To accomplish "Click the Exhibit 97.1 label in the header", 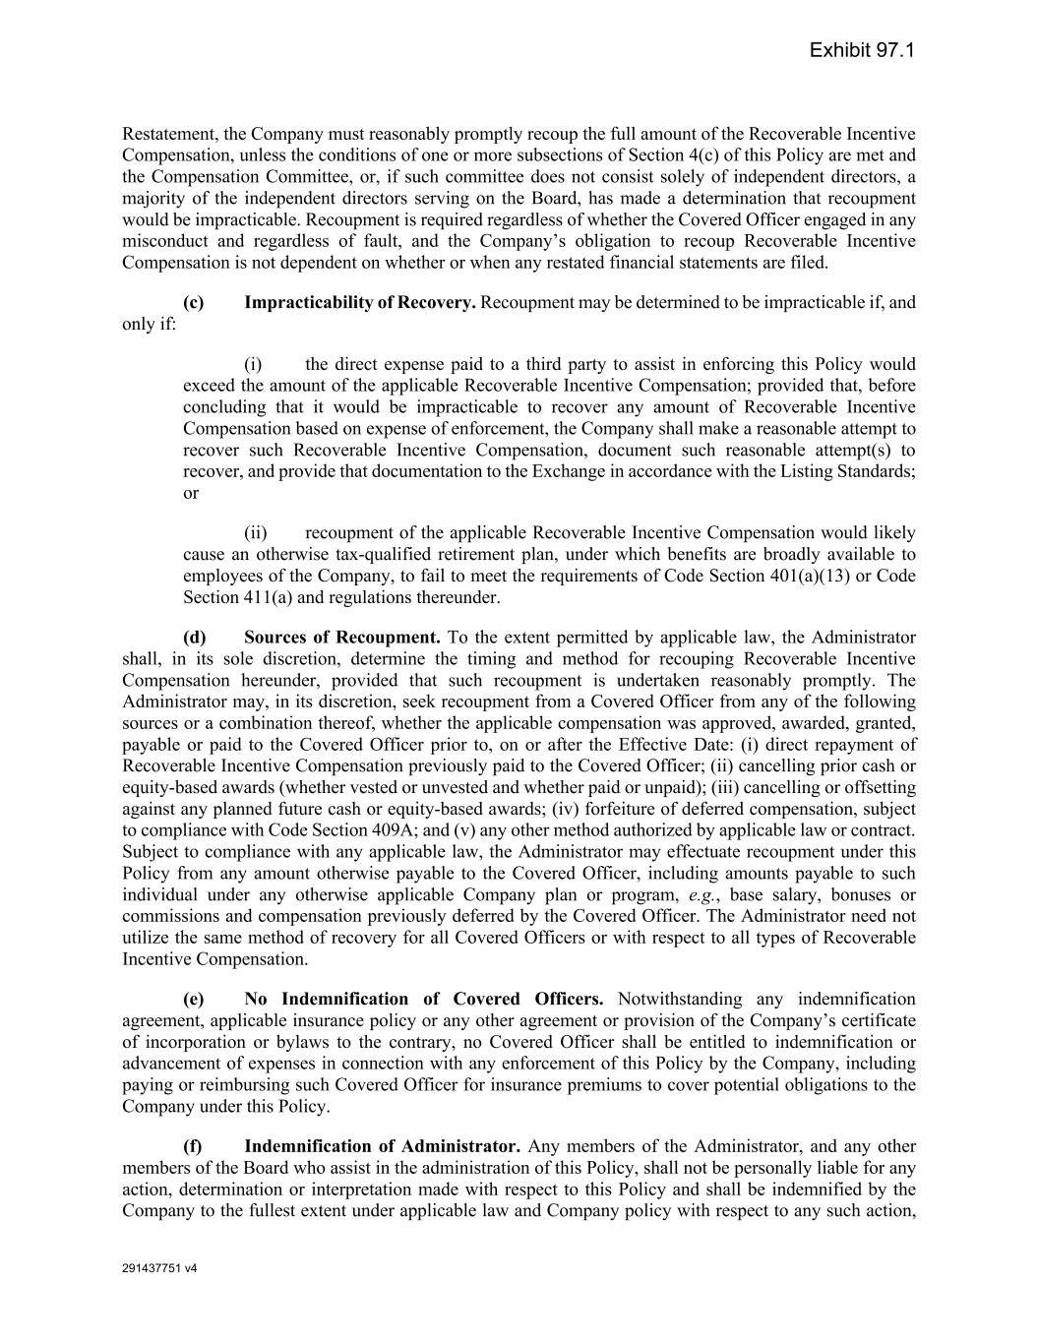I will pos(862,50).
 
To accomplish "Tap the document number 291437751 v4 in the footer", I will pos(159,1268).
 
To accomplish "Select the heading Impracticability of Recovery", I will pos(359,302).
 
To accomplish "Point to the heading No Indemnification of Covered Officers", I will pos(423,999).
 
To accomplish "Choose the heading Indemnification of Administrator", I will pos(382,1146).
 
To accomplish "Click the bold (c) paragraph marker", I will pos(194,302).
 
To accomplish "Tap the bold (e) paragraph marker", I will pos(194,999).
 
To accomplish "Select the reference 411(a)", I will pos(267,597).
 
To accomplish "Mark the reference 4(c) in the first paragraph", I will pos(649,155).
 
